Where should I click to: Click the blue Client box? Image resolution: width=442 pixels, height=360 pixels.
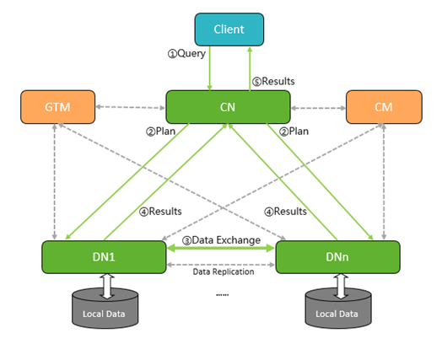(229, 30)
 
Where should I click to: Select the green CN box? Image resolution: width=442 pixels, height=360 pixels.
(228, 107)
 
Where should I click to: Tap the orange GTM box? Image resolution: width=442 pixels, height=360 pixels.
(58, 107)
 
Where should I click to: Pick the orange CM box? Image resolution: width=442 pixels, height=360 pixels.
(384, 107)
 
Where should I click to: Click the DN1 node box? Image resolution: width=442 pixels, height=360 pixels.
(104, 257)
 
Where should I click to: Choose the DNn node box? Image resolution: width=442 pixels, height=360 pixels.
(337, 257)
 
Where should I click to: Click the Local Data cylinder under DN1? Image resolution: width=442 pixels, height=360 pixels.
(105, 309)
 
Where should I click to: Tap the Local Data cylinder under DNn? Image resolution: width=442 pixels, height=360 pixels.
(338, 309)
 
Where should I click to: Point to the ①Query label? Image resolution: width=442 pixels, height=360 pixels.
(186, 53)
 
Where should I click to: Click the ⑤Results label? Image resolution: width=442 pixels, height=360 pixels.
(273, 82)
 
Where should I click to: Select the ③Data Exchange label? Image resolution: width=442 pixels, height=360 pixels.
(221, 240)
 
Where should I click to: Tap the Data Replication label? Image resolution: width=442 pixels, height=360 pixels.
(224, 271)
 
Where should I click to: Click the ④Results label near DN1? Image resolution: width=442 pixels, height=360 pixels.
(160, 212)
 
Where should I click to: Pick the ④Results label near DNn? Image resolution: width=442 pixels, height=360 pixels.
(285, 212)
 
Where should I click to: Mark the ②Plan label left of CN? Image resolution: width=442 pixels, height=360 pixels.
(160, 132)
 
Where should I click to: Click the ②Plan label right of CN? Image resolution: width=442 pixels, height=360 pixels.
(294, 132)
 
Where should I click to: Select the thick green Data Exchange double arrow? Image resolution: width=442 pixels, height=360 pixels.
(221, 248)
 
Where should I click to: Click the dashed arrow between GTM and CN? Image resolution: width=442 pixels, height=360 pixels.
(131, 107)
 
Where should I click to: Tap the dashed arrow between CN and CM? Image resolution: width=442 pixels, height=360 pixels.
(318, 108)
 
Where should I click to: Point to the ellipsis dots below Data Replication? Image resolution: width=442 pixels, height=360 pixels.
(223, 295)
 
